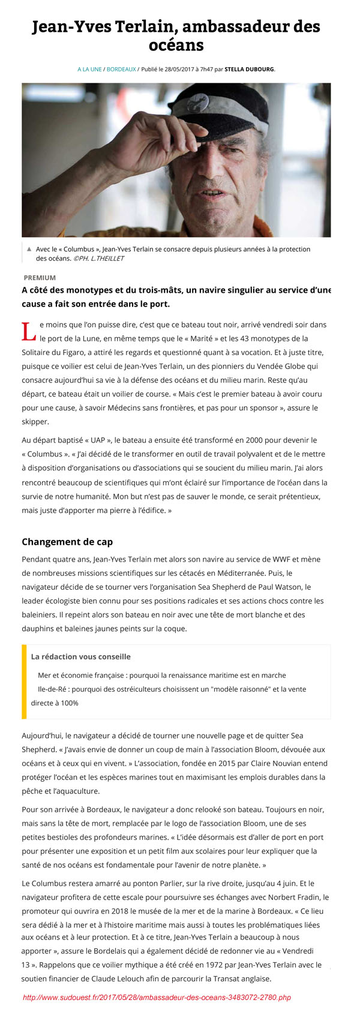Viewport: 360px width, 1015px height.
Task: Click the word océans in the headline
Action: point(176,45)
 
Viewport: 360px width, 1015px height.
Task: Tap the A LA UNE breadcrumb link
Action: point(89,70)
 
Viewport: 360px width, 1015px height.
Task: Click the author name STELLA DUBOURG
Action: point(249,70)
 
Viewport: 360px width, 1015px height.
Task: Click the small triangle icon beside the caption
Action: point(29,248)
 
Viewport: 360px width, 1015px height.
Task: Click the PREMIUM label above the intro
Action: point(40,278)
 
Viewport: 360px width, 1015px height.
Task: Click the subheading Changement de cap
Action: point(67,542)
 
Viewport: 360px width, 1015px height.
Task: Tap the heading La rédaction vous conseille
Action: point(80,657)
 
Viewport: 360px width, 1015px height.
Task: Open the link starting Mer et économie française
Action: point(161,675)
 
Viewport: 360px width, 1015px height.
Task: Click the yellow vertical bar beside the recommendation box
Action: point(24,681)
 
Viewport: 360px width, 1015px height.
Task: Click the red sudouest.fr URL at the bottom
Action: point(157,998)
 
